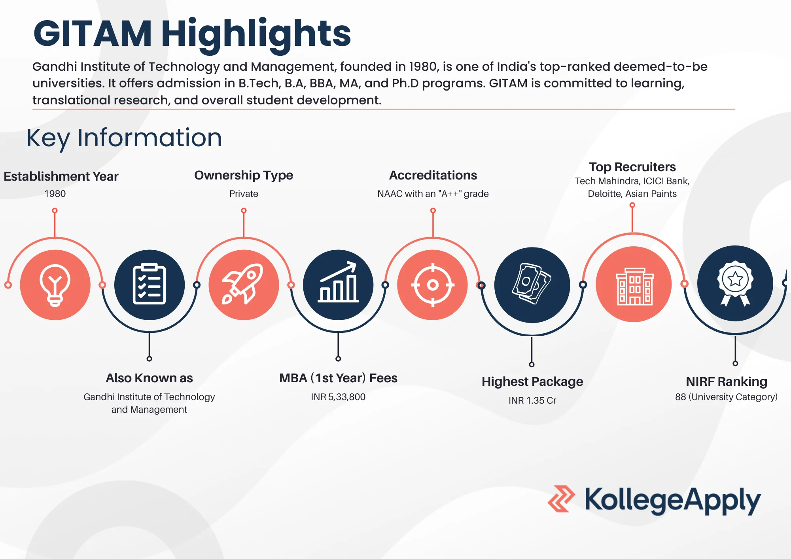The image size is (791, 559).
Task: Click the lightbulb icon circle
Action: coord(55,285)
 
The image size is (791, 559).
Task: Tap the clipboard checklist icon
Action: coord(149,285)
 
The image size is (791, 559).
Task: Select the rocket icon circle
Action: coord(244,285)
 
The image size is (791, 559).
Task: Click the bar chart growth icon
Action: coord(338,285)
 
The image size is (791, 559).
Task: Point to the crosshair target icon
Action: coord(433,285)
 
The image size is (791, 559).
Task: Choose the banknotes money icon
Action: coord(532,285)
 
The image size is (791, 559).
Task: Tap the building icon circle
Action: coord(634,284)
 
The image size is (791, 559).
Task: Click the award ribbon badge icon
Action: coord(735,283)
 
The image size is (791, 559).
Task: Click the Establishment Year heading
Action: coord(61,176)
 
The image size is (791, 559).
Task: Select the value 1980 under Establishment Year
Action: coord(55,194)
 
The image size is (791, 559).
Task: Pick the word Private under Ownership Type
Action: coord(244,194)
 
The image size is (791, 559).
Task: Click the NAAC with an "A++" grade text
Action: coord(433,194)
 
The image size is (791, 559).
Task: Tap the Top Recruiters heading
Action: coord(632,167)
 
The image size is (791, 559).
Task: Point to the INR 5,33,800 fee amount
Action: coord(338,397)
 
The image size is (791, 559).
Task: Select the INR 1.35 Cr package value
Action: coord(532,400)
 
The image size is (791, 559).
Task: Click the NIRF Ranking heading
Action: coord(727,381)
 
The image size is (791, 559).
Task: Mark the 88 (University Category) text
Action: coord(726,397)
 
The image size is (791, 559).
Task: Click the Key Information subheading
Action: coord(124,138)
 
